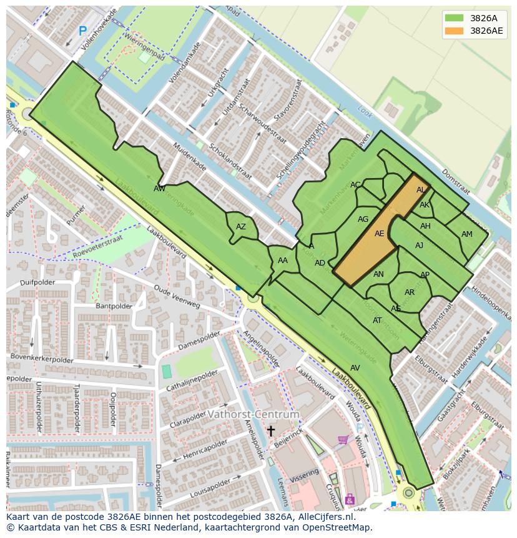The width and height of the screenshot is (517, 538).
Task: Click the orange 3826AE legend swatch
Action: click(x=454, y=31)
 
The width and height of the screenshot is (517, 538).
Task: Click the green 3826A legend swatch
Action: click(x=454, y=18)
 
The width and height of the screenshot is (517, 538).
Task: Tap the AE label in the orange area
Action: click(x=380, y=234)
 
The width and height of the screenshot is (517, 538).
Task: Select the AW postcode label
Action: click(x=160, y=188)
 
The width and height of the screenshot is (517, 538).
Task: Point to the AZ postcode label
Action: click(x=241, y=227)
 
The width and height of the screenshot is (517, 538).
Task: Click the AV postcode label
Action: click(x=355, y=368)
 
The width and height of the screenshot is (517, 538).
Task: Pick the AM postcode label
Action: click(x=467, y=234)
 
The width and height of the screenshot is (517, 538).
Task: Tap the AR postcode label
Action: click(x=410, y=292)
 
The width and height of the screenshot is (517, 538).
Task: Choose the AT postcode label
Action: click(x=377, y=321)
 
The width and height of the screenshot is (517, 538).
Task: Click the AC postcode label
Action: click(x=355, y=185)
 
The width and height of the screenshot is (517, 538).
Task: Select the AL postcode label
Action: click(x=421, y=190)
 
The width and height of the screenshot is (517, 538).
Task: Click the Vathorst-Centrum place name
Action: click(x=253, y=414)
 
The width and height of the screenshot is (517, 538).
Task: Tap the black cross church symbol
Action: click(x=271, y=431)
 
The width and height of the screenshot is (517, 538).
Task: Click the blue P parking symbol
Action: click(x=82, y=30)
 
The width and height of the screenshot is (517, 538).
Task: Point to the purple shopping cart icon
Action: click(x=342, y=440)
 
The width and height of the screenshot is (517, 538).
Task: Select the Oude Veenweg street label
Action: click(x=177, y=297)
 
